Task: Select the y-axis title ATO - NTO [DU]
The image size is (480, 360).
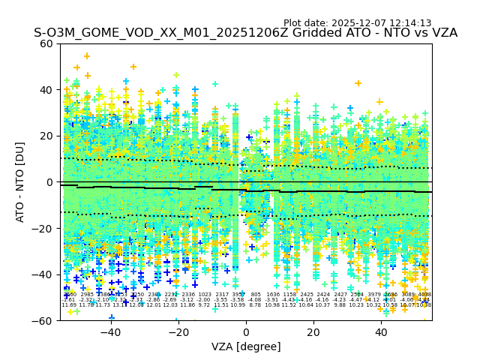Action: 21,182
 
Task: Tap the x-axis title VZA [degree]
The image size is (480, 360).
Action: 246,346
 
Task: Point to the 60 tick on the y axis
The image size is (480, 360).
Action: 46,43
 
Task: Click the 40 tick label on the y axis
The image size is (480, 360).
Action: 46,90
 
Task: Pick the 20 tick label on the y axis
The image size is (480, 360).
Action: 46,136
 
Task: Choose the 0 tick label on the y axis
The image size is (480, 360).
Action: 49,182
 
